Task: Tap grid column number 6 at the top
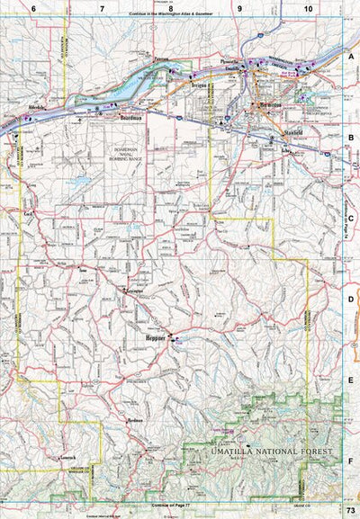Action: click(x=33, y=8)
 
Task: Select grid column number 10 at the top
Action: click(x=308, y=8)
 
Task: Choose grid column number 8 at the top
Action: click(x=170, y=8)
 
